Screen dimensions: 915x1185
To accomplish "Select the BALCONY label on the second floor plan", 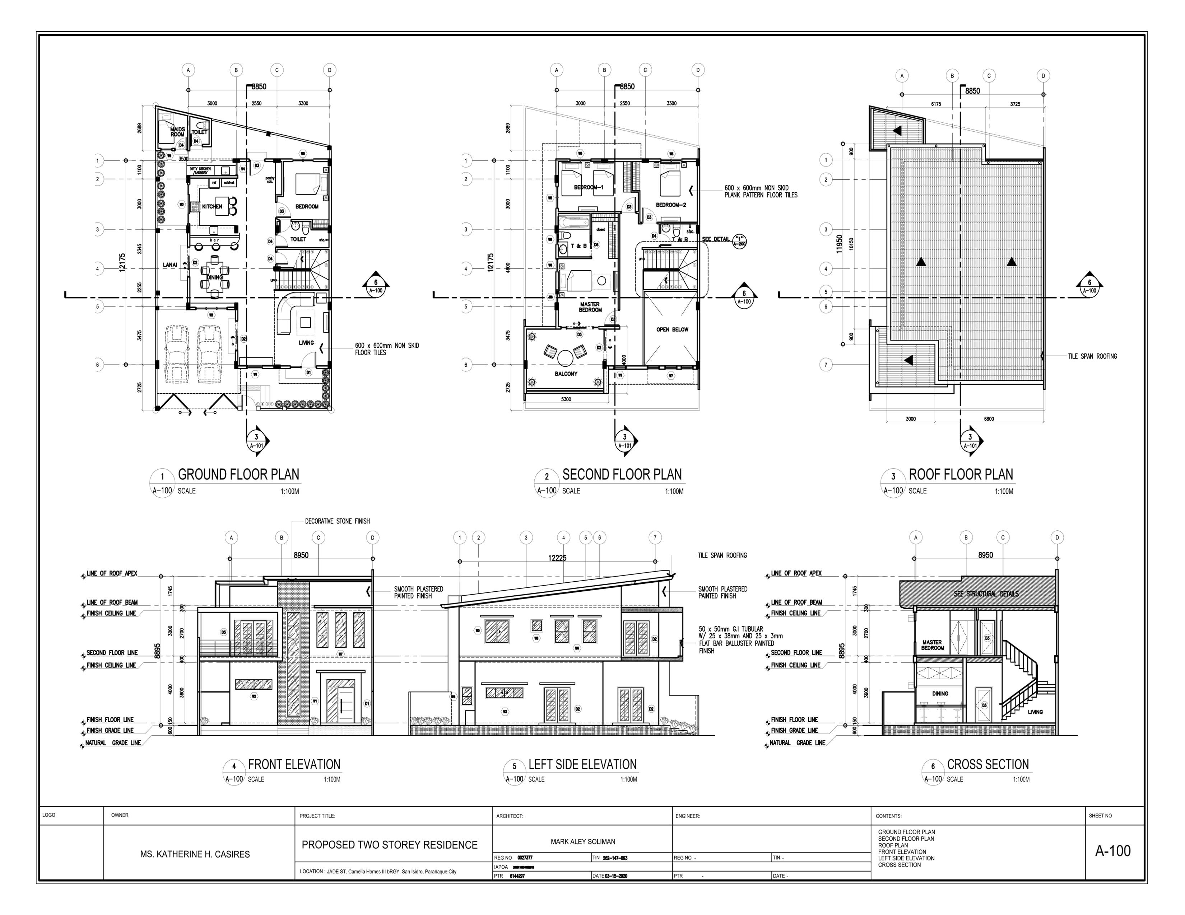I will coord(566,374).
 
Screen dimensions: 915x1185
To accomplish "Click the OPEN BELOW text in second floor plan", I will coord(672,329).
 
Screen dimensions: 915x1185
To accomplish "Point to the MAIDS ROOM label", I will coord(177,132).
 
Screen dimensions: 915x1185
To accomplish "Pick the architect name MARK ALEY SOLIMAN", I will coord(583,842).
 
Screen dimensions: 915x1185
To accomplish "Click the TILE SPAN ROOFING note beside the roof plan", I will coord(1092,356).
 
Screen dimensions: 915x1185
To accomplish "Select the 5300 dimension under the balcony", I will coord(566,399).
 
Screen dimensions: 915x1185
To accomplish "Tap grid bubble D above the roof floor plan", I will coord(1043,76).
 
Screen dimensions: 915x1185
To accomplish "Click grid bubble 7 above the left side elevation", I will coord(655,538).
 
